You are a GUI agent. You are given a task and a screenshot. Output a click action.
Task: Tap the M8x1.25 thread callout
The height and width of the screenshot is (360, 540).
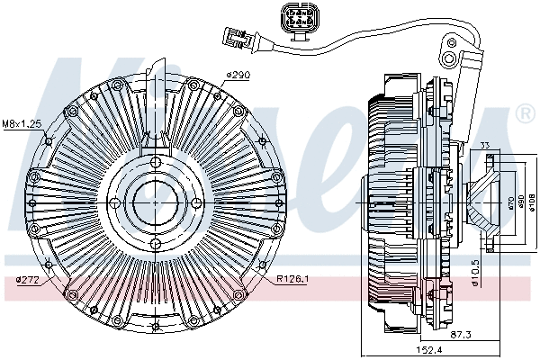click(x=22, y=122)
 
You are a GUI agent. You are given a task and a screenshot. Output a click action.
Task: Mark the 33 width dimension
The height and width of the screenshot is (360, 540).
click(x=484, y=146)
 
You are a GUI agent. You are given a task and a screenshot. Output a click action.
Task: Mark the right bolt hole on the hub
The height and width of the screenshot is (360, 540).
click(x=194, y=202)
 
